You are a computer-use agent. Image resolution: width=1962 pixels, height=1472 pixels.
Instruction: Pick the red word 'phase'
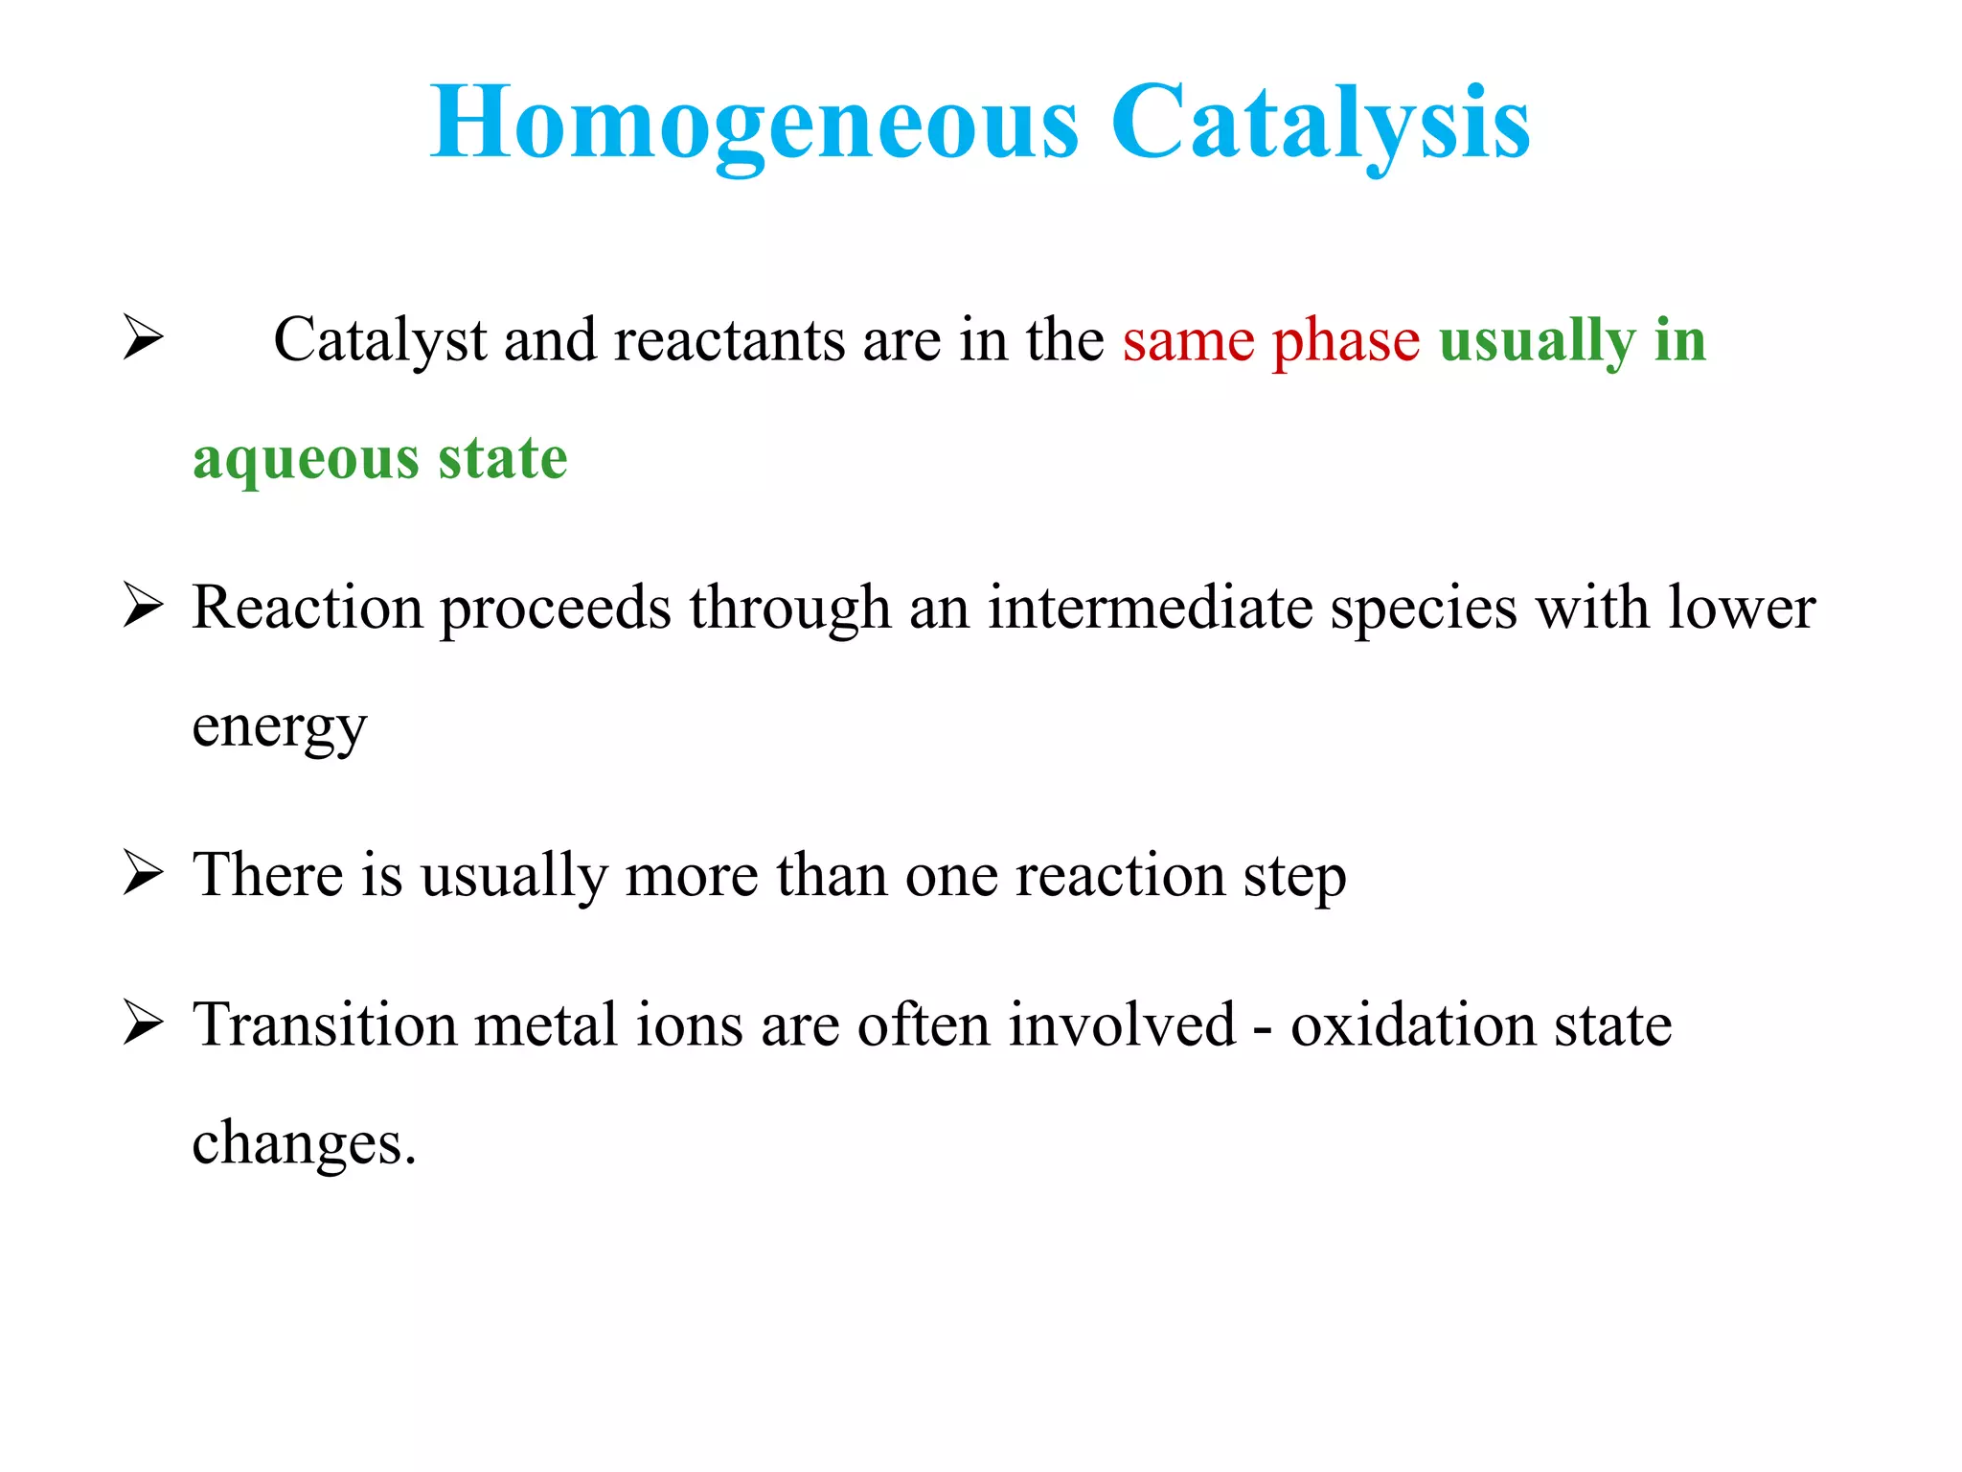coord(1346,343)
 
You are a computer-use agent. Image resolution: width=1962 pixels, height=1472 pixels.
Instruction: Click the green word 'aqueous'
coord(306,461)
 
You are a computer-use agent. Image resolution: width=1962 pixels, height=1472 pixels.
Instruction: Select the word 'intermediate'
coord(1150,608)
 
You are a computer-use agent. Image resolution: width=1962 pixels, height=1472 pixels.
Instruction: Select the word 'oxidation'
coord(1412,1024)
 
